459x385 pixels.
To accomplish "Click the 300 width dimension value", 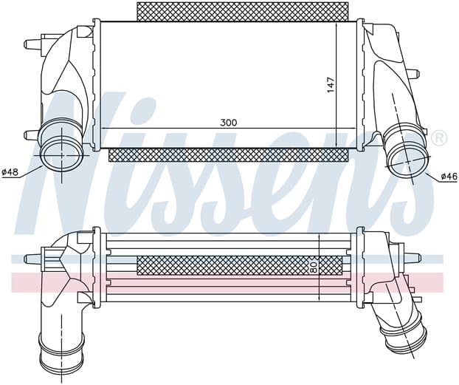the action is pos(228,123).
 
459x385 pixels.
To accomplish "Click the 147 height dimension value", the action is pos(331,85).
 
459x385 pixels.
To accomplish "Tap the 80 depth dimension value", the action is pos(314,268).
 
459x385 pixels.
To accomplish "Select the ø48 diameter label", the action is pos(10,172).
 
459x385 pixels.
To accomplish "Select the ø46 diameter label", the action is pos(449,176).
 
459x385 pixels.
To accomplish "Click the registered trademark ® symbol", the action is pos(440,138).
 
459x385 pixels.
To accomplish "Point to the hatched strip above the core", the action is pos(242,11).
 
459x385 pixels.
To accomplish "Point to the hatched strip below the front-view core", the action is pos(228,155).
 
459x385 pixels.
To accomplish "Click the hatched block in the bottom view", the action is pos(239,265).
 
